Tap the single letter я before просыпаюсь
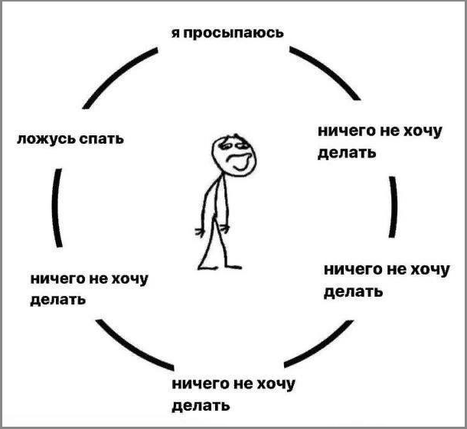click(x=176, y=33)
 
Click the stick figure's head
click(x=234, y=150)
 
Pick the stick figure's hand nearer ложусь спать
click(x=200, y=231)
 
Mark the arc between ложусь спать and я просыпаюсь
click(x=117, y=75)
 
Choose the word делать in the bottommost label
click(x=201, y=405)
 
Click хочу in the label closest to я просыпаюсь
click(x=421, y=132)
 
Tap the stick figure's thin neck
click(x=224, y=174)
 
